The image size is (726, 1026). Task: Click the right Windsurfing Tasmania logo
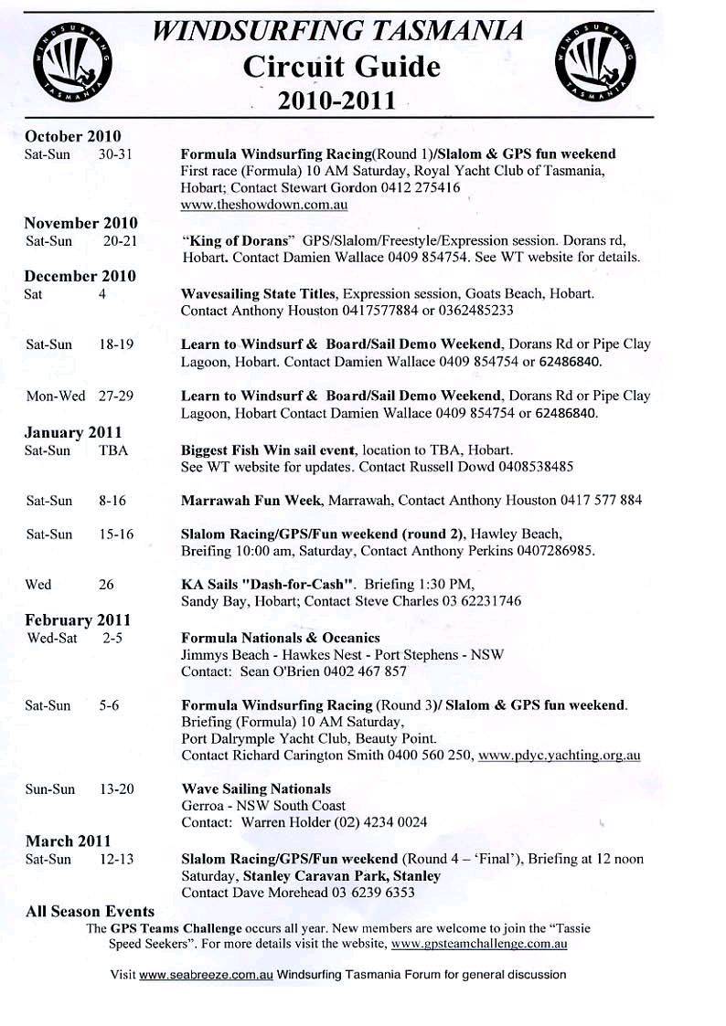(x=593, y=61)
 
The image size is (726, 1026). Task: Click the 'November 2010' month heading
(x=80, y=223)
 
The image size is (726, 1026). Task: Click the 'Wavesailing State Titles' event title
(x=261, y=294)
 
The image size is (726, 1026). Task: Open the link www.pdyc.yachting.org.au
(x=559, y=756)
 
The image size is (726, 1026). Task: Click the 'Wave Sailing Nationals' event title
(x=256, y=788)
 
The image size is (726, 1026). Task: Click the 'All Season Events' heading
(x=90, y=911)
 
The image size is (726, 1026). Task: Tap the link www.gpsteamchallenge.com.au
(x=494, y=943)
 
